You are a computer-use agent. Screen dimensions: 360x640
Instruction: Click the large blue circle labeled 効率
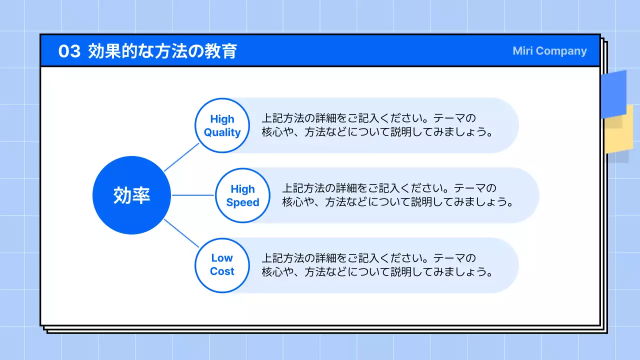coord(131,195)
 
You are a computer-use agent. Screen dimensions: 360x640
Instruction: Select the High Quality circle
coord(221,125)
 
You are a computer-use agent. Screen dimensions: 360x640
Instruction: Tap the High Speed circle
coord(242,195)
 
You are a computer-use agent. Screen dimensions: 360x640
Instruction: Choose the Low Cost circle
coord(221,265)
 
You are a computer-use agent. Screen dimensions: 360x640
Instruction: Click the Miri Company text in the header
coord(549,51)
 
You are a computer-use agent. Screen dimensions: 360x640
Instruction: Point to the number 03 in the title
coord(69,51)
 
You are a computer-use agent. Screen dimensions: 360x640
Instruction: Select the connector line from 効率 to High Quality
coord(181,157)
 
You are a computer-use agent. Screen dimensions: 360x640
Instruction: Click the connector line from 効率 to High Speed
coord(193,195)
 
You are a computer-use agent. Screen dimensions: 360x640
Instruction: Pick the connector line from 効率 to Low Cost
coord(181,233)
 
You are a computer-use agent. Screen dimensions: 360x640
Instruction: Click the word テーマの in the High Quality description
coord(454,118)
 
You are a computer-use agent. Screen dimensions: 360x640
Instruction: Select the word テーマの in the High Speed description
coord(475,188)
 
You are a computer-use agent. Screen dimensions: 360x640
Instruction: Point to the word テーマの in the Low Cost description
coord(454,258)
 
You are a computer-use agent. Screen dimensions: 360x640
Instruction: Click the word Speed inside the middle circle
coord(242,202)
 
